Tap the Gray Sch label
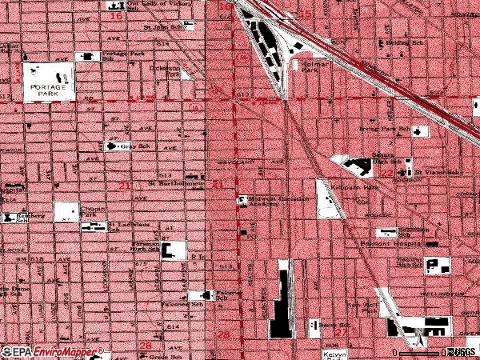126,146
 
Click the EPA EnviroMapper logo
53,351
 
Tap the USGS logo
462,351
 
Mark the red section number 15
304,15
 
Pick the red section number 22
386,173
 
